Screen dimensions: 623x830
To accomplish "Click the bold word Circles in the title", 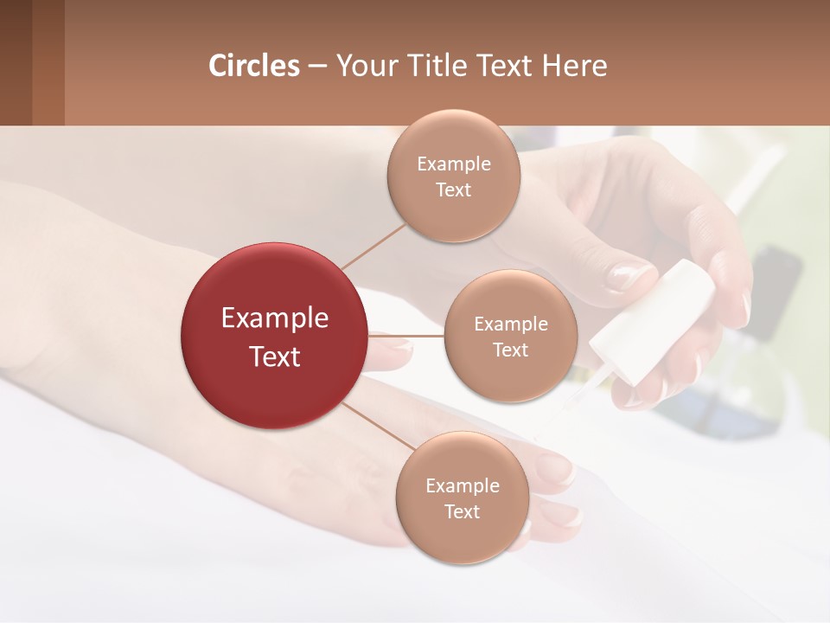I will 254,66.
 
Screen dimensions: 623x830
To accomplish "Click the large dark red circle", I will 275,336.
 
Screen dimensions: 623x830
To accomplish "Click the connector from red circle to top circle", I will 373,246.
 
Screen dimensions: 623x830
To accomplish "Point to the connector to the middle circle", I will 406,336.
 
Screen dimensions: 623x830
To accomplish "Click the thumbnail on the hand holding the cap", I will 629,276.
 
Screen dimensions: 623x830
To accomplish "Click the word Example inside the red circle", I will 275,318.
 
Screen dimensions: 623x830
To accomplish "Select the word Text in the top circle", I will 453,190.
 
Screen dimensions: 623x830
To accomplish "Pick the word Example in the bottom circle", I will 462,485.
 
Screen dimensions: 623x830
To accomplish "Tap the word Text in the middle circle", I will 510,350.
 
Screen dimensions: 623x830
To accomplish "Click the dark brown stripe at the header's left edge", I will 16,62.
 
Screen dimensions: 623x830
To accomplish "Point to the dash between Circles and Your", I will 317,67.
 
